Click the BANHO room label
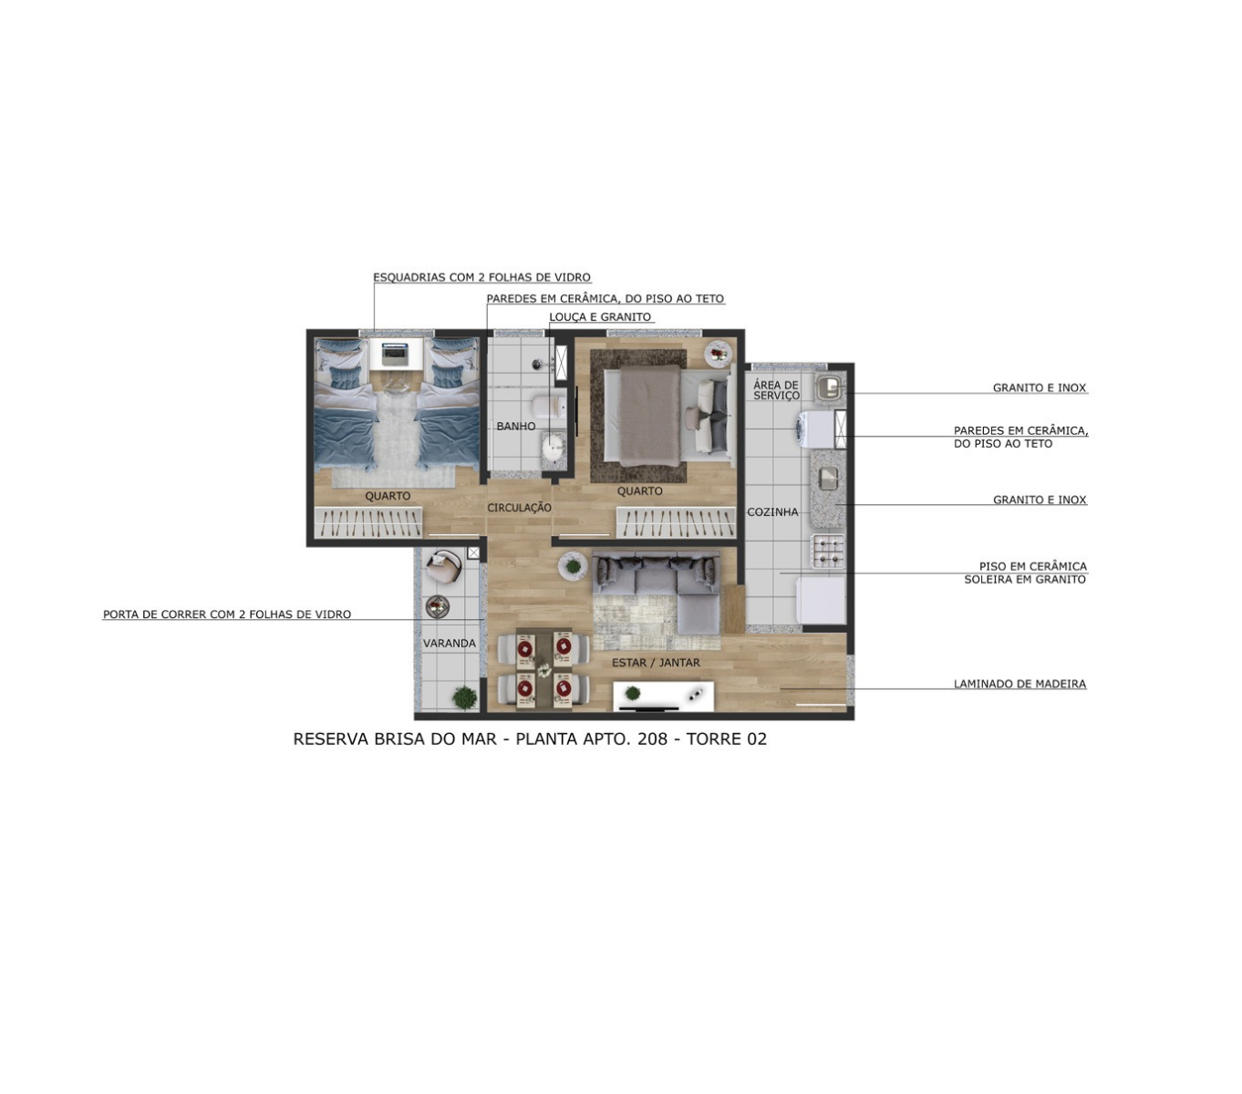(515, 426)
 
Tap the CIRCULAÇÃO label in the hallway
(519, 508)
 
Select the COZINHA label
(772, 511)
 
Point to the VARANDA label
(450, 643)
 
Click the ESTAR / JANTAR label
(656, 663)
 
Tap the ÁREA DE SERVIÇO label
(776, 390)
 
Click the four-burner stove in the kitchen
(828, 551)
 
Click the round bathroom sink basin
(554, 446)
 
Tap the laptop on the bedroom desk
(396, 354)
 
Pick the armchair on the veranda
(444, 567)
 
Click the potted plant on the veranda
(465, 697)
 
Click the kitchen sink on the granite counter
(828, 478)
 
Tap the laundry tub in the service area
(830, 387)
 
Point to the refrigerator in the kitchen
(820, 601)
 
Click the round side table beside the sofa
(573, 566)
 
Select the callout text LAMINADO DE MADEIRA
(1019, 684)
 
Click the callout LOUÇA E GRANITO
(599, 317)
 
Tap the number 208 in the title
(652, 738)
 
